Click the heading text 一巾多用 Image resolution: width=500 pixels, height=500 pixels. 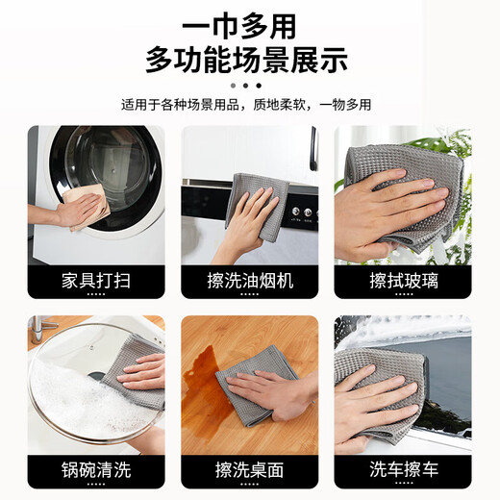pyautogui.click(x=251, y=24)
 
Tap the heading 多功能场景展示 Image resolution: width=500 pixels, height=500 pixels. pyautogui.click(x=251, y=62)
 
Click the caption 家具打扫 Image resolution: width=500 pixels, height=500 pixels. pyautogui.click(x=95, y=280)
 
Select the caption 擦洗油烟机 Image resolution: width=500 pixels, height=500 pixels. pyautogui.click(x=250, y=280)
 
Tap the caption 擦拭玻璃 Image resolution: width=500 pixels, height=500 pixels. pyautogui.click(x=403, y=280)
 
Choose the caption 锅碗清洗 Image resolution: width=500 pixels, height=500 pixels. pyautogui.click(x=95, y=470)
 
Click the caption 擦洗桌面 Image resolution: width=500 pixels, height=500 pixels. pyautogui.click(x=250, y=470)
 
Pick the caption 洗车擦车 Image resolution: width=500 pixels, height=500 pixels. pyautogui.click(x=403, y=470)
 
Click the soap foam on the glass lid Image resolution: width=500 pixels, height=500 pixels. pyautogui.click(x=72, y=394)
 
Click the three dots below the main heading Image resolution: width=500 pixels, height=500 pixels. pyautogui.click(x=250, y=85)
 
